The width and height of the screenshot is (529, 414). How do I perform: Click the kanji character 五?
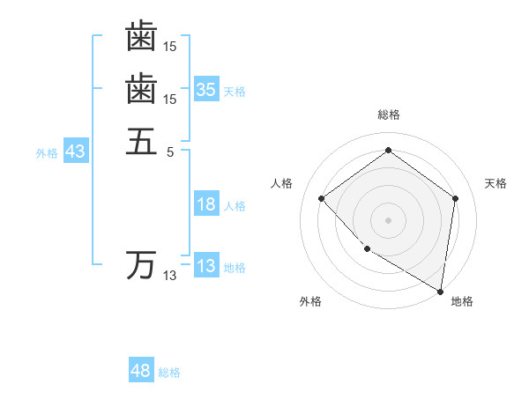pyautogui.click(x=141, y=141)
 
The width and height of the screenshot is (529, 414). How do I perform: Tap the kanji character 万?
pyautogui.click(x=141, y=264)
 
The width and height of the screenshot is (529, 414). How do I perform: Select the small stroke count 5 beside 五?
pyautogui.click(x=170, y=151)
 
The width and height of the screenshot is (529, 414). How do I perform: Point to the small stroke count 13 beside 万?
pyautogui.click(x=169, y=276)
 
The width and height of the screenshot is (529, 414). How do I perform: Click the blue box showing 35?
pyautogui.click(x=206, y=89)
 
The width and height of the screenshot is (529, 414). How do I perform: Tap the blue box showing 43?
pyautogui.click(x=75, y=152)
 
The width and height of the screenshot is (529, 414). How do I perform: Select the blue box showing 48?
pyautogui.click(x=141, y=371)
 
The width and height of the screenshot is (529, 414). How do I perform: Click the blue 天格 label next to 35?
pyautogui.click(x=235, y=91)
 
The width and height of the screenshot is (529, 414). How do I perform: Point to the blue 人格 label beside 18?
pyautogui.click(x=235, y=206)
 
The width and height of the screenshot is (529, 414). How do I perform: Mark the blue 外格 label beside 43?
pyautogui.click(x=47, y=152)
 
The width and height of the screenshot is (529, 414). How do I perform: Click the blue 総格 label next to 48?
pyautogui.click(x=169, y=373)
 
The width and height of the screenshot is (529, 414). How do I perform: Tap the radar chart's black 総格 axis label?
pyautogui.click(x=389, y=115)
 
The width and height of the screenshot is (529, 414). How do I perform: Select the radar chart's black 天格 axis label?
pyautogui.click(x=495, y=183)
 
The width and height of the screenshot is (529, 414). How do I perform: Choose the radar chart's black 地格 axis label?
pyautogui.click(x=461, y=301)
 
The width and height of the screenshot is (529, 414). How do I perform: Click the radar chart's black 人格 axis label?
pyautogui.click(x=281, y=183)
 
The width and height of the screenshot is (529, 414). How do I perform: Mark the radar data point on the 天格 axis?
pyautogui.click(x=455, y=198)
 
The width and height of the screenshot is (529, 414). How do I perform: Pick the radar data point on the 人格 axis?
pyautogui.click(x=322, y=198)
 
